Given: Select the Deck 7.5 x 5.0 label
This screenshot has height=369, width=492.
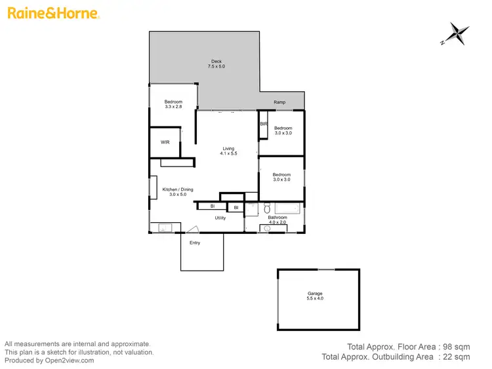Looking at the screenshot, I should (x=216, y=64).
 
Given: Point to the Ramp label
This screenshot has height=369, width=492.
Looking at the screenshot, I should (x=279, y=103).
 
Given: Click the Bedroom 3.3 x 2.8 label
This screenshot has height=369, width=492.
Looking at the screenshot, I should (x=173, y=104).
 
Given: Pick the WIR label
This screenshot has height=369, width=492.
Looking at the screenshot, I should (x=165, y=142).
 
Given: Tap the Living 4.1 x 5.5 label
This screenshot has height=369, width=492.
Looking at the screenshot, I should (x=228, y=151).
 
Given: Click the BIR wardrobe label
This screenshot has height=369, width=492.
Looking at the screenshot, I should (x=263, y=124).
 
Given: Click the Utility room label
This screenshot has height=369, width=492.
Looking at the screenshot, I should (x=220, y=218).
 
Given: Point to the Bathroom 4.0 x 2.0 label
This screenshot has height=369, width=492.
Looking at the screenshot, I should (x=277, y=220).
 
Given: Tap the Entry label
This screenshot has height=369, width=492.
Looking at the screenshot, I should (x=195, y=243).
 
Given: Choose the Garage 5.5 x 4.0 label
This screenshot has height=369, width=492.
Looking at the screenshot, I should (x=315, y=296).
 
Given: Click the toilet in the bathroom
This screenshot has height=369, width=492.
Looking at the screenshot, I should (x=267, y=208).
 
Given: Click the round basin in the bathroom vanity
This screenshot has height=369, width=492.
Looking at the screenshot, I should (x=268, y=229).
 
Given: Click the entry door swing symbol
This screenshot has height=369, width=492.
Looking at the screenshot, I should (x=192, y=229).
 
